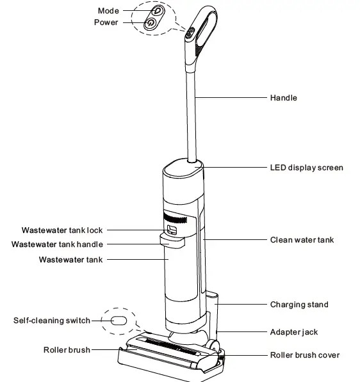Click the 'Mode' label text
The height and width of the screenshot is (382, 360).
(x=108, y=11)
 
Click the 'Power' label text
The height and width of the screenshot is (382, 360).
(x=107, y=22)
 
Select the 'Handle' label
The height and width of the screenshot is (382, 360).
(x=283, y=98)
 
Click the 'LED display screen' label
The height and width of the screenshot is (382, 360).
(x=306, y=168)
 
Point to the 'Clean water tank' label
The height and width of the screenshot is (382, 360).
(x=302, y=240)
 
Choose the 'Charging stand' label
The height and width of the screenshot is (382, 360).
(x=299, y=305)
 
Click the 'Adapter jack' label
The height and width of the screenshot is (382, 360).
(x=293, y=332)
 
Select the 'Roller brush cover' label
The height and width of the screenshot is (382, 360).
(x=304, y=354)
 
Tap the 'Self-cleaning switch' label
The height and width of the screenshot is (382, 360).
(x=53, y=320)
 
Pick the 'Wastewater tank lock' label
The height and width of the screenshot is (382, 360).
(x=61, y=230)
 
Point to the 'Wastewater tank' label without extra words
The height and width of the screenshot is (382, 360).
(x=70, y=259)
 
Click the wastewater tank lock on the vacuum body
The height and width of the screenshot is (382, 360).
(x=172, y=229)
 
